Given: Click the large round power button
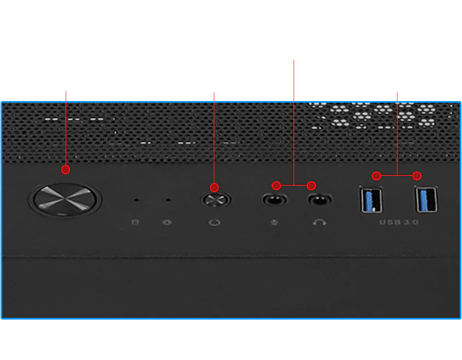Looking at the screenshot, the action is pyautogui.click(x=65, y=200).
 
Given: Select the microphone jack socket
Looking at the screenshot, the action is pyautogui.click(x=274, y=200).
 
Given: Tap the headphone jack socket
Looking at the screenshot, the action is pyautogui.click(x=320, y=200).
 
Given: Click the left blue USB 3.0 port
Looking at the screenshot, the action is pyautogui.click(x=371, y=199).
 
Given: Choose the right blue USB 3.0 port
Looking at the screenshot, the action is pyautogui.click(x=426, y=199).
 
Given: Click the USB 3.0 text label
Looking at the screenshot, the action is pyautogui.click(x=399, y=222).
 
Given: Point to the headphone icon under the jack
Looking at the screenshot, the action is pyautogui.click(x=319, y=222).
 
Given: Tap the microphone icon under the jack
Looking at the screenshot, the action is pyautogui.click(x=274, y=222).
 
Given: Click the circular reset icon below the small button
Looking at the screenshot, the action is pyautogui.click(x=214, y=222).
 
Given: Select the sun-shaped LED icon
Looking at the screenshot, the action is pyautogui.click(x=167, y=222).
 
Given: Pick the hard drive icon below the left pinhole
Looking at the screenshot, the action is pyautogui.click(x=135, y=222).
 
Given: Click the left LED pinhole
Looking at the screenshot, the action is pyautogui.click(x=136, y=200).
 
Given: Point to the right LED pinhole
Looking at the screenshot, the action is pyautogui.click(x=168, y=200).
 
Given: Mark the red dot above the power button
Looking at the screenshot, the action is pyautogui.click(x=66, y=169).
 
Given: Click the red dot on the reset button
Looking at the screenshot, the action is pyautogui.click(x=214, y=187).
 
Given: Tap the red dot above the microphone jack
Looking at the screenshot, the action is pyautogui.click(x=276, y=185).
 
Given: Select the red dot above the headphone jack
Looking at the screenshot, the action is pyautogui.click(x=312, y=186).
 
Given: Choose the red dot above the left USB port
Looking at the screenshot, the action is pyautogui.click(x=376, y=176).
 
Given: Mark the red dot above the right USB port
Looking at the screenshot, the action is pyautogui.click(x=417, y=176).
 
